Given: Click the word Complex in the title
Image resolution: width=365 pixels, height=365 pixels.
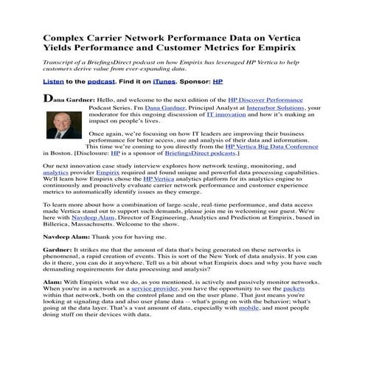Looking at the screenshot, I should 69,36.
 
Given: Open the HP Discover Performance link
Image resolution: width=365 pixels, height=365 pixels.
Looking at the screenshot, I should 280,99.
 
